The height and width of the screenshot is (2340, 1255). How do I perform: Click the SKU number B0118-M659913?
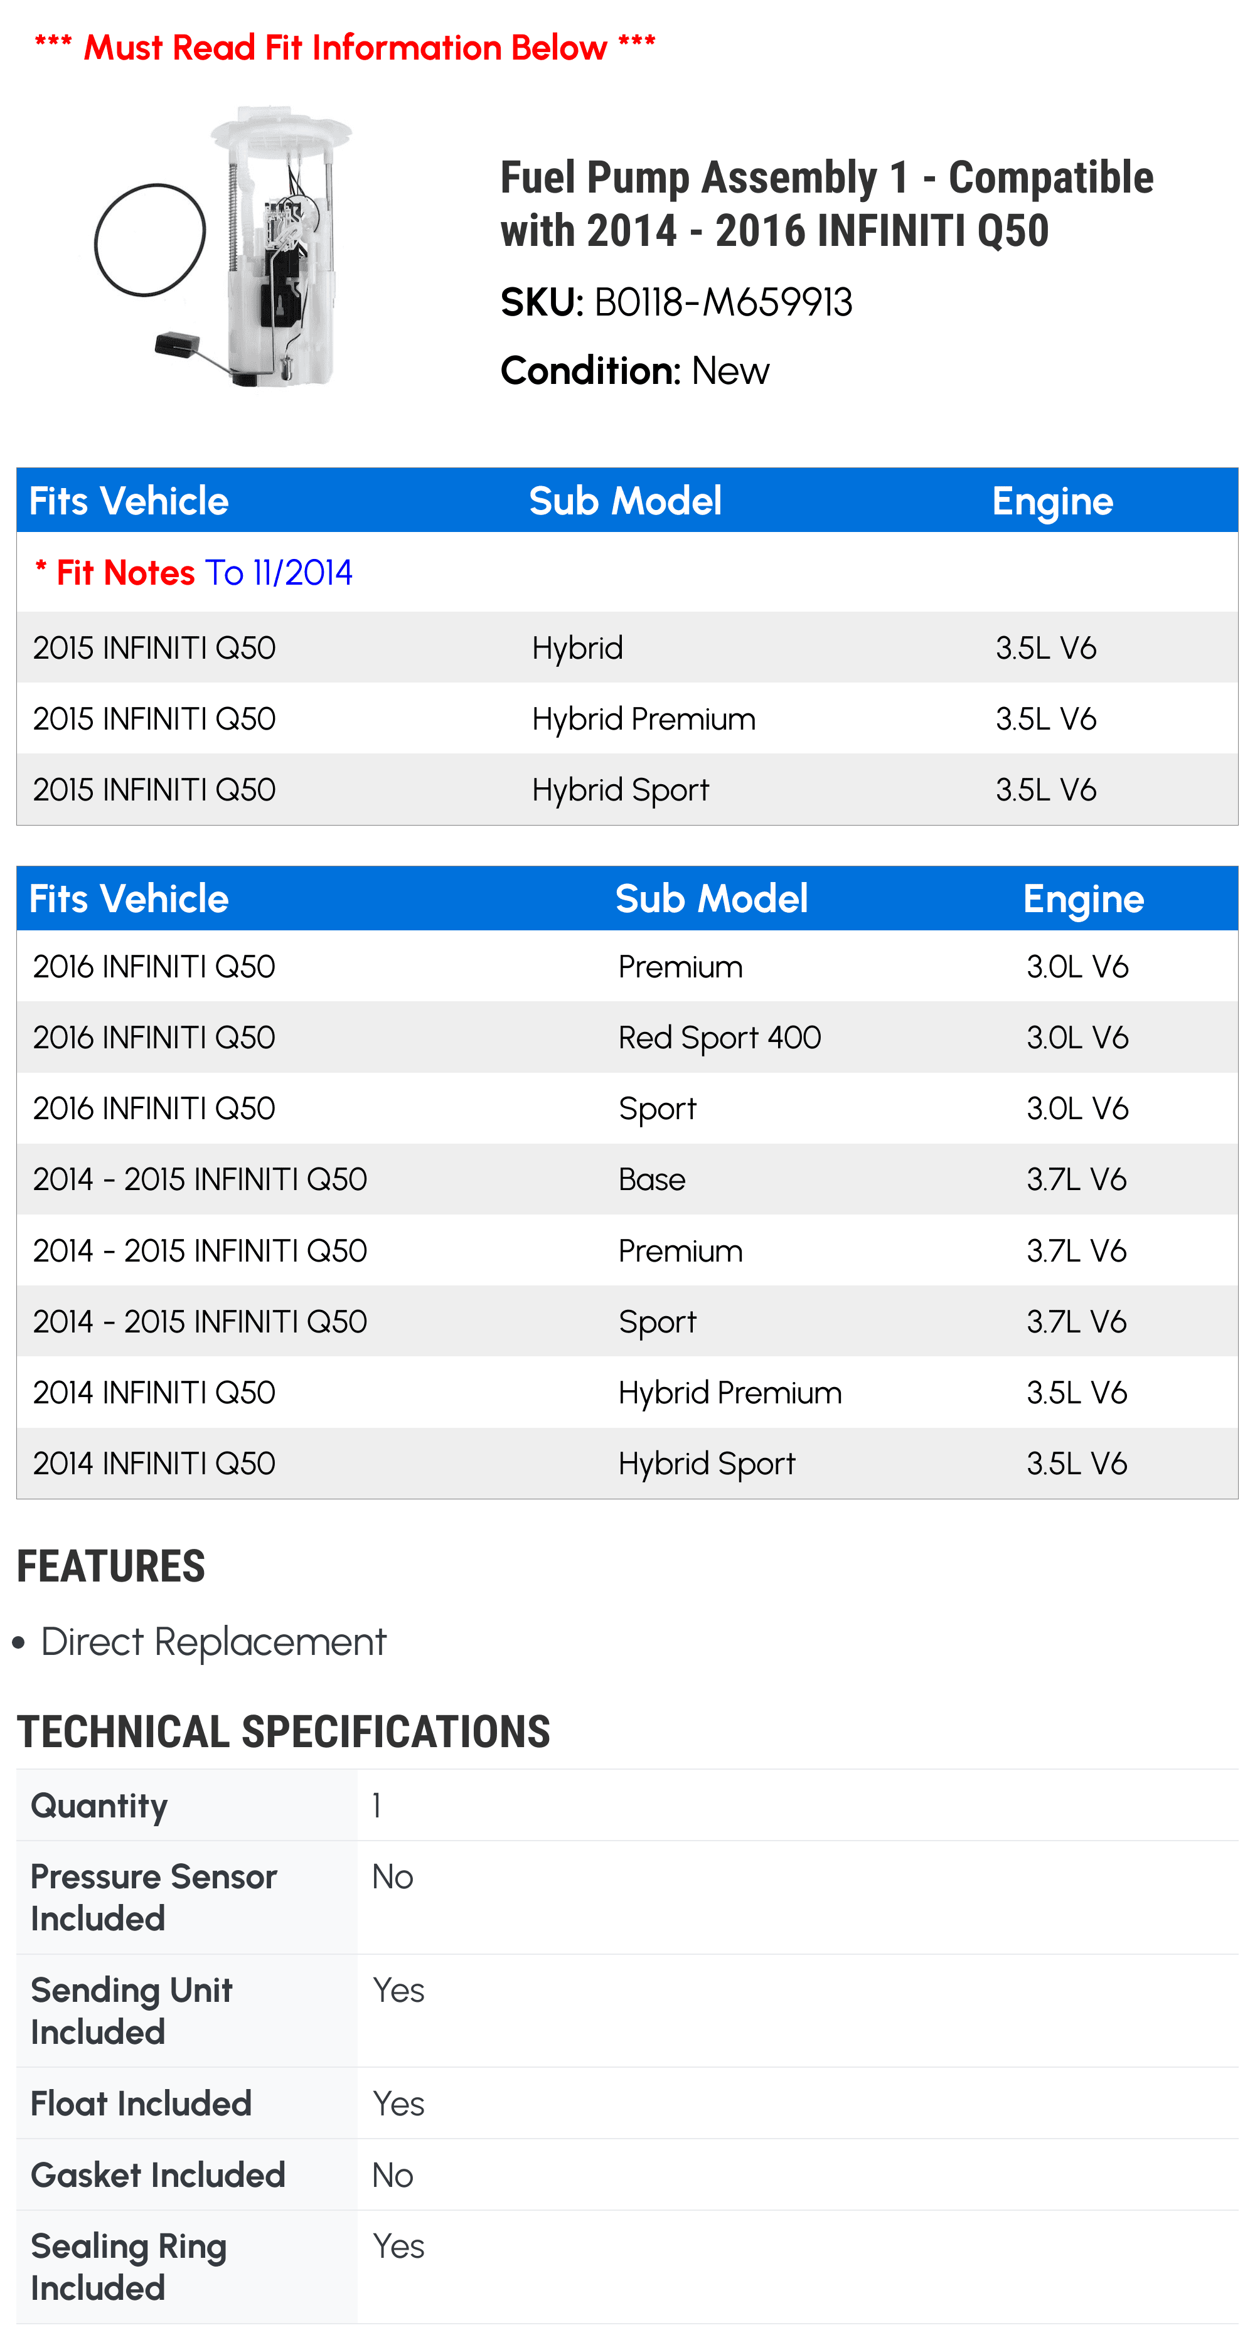tap(722, 302)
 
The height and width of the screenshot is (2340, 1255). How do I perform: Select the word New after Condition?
tap(730, 371)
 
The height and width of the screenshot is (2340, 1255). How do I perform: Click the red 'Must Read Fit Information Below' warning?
tap(345, 47)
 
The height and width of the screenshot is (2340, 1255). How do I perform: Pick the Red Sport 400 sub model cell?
tap(719, 1038)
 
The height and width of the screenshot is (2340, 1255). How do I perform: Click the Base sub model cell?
tap(651, 1179)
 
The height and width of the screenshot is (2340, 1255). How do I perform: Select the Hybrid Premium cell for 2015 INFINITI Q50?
tap(643, 718)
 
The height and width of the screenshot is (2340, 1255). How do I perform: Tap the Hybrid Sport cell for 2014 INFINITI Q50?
tap(706, 1464)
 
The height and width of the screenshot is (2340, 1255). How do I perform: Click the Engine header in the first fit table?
tap(1052, 501)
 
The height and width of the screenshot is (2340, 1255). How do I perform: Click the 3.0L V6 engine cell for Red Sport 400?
tap(1077, 1038)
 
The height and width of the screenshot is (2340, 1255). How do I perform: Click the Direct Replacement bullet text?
tap(213, 1642)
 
